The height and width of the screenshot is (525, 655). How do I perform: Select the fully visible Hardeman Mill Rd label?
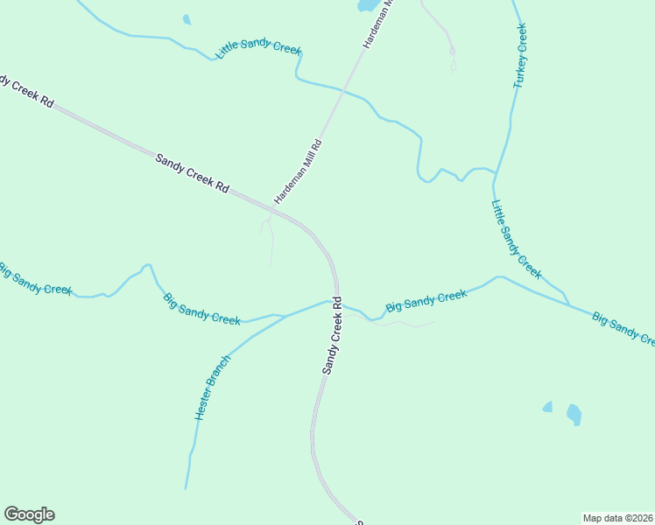pyautogui.click(x=299, y=171)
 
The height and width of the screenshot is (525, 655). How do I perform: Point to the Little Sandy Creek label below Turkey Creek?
pyautogui.click(x=516, y=240)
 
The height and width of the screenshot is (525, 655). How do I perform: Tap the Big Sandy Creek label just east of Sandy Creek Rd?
pyautogui.click(x=426, y=301)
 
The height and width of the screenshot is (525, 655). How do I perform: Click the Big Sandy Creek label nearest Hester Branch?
pyautogui.click(x=201, y=309)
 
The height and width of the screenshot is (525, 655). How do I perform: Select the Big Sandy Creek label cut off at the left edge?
pyautogui.click(x=35, y=278)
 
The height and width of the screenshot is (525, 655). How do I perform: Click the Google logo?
pyautogui.click(x=29, y=514)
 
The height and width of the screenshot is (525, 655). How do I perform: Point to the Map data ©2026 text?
pyautogui.click(x=617, y=518)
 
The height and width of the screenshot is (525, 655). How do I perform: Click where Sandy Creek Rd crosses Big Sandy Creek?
pyautogui.click(x=335, y=302)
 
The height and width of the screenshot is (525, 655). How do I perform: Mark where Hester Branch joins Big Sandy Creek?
pyautogui.click(x=285, y=315)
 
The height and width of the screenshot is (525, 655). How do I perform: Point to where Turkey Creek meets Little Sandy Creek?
pyautogui.click(x=495, y=171)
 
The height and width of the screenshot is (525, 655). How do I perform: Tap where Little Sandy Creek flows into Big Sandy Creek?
pyautogui.click(x=567, y=304)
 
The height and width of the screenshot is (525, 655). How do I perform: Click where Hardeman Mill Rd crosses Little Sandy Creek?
pyautogui.click(x=345, y=89)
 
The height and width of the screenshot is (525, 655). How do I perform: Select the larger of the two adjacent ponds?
pyautogui.click(x=574, y=413)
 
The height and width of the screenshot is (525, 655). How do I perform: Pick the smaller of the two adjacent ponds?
pyautogui.click(x=548, y=407)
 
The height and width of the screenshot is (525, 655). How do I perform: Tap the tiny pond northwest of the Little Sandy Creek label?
pyautogui.click(x=187, y=19)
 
